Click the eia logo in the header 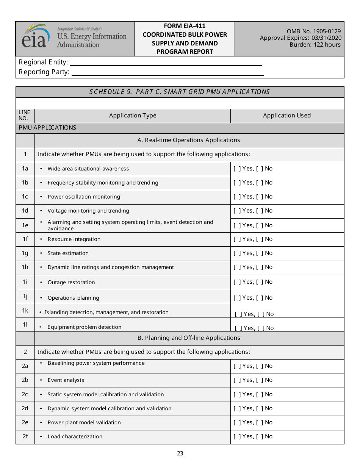(x=36, y=37)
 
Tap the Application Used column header (x=287, y=116)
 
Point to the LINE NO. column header (x=24, y=116)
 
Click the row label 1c (x=25, y=197)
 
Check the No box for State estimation (x=260, y=253)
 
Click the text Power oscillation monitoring (x=84, y=197)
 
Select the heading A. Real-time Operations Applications (x=189, y=140)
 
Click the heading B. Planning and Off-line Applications (x=189, y=338)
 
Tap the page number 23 (x=180, y=453)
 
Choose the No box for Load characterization (x=260, y=436)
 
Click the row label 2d (x=25, y=408)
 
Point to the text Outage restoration (x=71, y=282)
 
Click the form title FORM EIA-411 (x=185, y=26)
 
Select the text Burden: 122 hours (x=315, y=45)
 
